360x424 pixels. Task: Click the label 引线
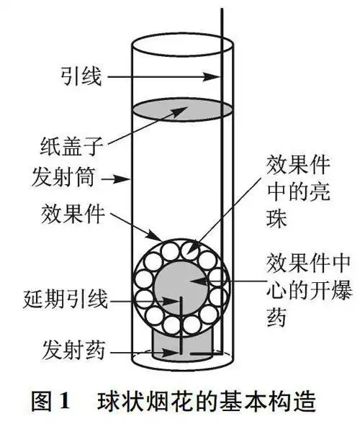81,73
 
